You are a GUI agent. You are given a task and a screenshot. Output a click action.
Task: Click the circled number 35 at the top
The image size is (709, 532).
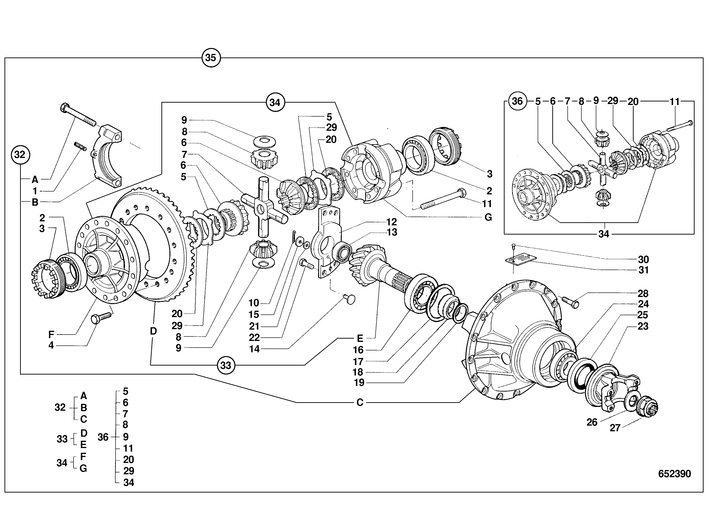211,58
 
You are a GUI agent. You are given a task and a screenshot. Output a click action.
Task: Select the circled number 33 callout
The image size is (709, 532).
226,365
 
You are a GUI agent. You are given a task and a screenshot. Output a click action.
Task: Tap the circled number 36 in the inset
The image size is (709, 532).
517,101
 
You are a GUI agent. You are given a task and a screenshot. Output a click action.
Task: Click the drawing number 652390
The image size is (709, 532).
674,474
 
